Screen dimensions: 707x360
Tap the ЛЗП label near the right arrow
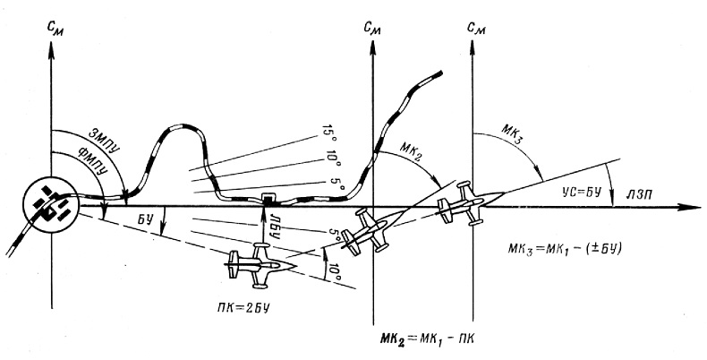(640, 193)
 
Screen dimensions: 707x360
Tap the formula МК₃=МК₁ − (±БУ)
(565, 248)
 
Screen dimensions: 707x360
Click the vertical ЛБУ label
(274, 221)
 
